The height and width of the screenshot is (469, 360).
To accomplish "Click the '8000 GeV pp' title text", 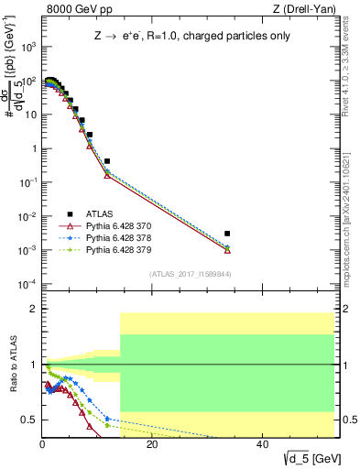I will (77, 9).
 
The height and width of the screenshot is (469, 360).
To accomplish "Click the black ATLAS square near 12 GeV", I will (107, 161).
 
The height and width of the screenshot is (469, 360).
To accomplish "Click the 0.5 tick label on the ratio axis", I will (28, 420).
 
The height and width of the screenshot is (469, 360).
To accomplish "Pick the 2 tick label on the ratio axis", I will (32, 310).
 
